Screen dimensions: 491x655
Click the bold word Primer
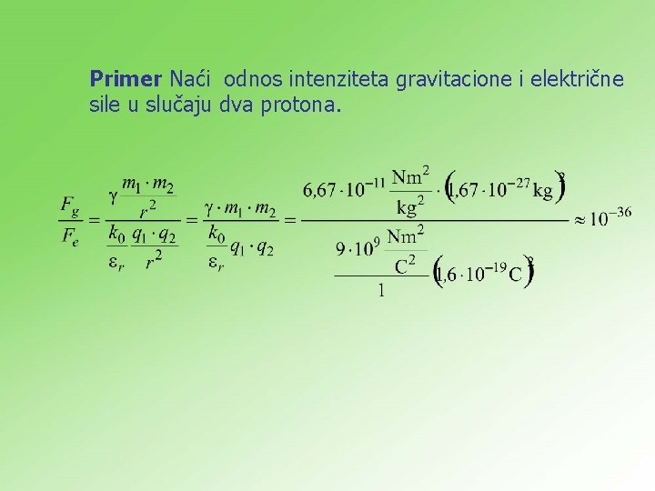pyautogui.click(x=127, y=79)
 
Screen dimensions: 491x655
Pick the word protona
pyautogui.click(x=301, y=105)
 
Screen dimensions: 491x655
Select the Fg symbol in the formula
pyautogui.click(x=71, y=206)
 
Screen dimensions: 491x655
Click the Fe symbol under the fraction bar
pyautogui.click(x=71, y=239)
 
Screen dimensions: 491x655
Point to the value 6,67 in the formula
pyautogui.click(x=319, y=191)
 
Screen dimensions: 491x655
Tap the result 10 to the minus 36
pyautogui.click(x=610, y=218)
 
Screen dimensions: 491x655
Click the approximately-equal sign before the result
pyautogui.click(x=579, y=220)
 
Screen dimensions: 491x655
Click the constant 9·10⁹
pyautogui.click(x=356, y=247)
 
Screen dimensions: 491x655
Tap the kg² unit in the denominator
pyautogui.click(x=408, y=207)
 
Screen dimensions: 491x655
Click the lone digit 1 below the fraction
pyautogui.click(x=380, y=290)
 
